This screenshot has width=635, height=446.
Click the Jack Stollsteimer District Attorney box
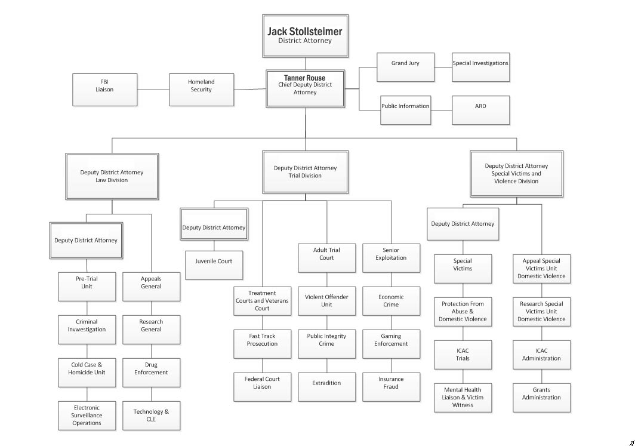point(305,36)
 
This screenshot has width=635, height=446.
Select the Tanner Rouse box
point(305,89)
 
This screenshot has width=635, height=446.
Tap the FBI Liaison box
point(104,90)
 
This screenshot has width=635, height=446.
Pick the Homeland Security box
point(201,90)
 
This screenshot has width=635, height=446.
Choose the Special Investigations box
point(480,67)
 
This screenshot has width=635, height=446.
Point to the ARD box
point(480,110)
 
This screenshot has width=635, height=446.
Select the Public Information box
point(405,110)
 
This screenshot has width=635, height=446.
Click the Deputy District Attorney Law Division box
point(112,176)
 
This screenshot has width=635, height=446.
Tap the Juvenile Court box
point(214,265)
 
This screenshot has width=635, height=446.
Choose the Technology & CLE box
point(151,416)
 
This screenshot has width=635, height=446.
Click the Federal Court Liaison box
point(262,387)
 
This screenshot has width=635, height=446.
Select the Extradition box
point(326,387)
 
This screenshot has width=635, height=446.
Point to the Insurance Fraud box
point(391,387)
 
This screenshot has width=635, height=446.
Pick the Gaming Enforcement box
point(391,344)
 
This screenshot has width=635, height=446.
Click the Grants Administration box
point(541,398)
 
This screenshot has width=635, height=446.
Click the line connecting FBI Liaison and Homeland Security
point(153,90)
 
